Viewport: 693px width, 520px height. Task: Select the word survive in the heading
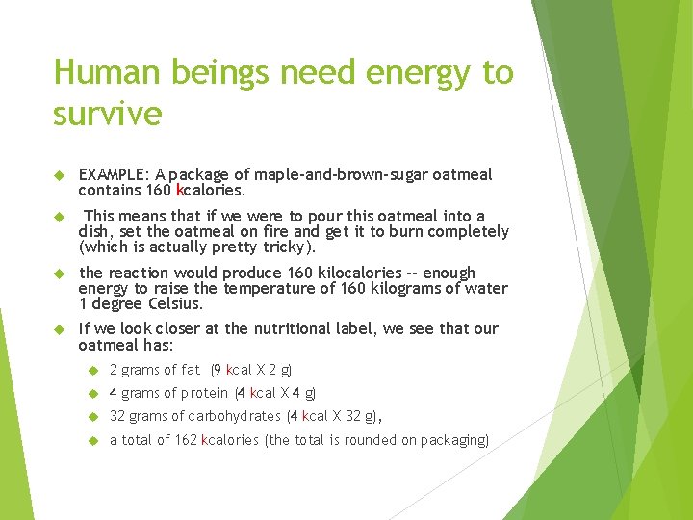pos(107,114)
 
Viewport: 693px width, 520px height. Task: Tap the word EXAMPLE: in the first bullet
pos(113,174)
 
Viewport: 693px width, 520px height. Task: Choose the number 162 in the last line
pos(184,440)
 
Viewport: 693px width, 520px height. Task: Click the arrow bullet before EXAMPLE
pos(58,175)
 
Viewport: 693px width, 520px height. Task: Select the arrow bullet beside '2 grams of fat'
pos(92,370)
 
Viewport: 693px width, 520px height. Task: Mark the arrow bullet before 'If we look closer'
pos(58,329)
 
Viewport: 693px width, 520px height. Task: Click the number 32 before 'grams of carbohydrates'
pos(117,416)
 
